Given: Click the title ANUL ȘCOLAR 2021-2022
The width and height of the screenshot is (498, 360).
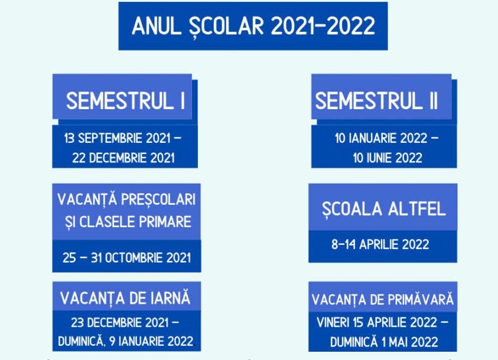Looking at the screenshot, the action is (253, 26).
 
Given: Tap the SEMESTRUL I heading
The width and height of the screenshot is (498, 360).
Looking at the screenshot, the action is (125, 101).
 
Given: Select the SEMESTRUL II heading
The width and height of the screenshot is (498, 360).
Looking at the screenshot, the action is (376, 101).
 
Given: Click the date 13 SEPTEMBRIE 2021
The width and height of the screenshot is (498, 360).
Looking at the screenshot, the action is (117, 138).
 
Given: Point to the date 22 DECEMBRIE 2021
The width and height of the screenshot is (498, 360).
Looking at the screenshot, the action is (123, 158).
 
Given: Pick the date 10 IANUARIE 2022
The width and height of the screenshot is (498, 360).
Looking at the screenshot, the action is (381, 138).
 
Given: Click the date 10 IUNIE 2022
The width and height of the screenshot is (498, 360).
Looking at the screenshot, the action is (388, 158).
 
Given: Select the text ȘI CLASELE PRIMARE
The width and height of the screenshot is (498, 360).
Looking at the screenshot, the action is (128, 222).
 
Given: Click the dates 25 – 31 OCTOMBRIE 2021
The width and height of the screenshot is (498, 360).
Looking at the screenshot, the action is (127, 258).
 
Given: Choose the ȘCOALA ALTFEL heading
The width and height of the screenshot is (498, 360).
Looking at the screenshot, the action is (384, 210).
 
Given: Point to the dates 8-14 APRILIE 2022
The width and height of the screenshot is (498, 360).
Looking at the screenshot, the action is (380, 244).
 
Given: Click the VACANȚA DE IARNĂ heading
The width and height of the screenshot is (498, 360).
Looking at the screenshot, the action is (125, 299).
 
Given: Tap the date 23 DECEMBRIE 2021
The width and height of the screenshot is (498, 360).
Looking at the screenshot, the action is (120, 323).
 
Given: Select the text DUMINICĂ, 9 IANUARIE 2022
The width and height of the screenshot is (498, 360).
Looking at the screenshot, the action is (126, 342).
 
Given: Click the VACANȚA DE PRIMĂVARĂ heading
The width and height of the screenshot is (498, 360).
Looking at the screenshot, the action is (383, 300).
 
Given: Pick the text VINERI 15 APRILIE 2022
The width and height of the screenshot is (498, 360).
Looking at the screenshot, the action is (377, 323).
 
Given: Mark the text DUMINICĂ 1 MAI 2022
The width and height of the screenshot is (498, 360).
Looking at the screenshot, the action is (384, 342).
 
